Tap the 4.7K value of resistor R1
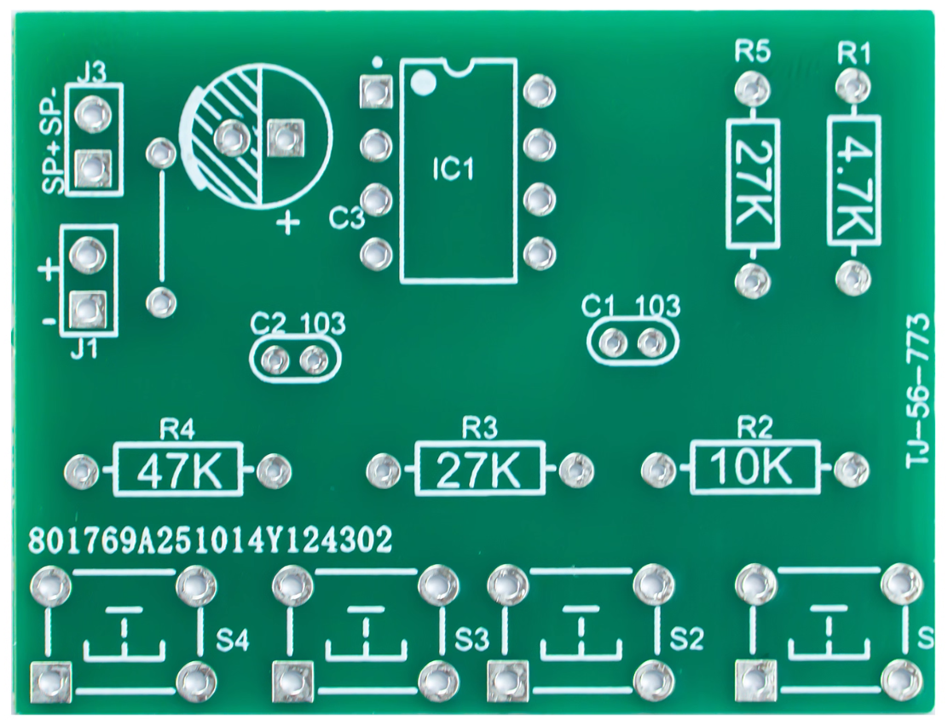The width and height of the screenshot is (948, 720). pyautogui.click(x=853, y=182)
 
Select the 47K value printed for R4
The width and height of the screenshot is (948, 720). pyautogui.click(x=177, y=469)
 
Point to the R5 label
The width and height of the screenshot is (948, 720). pyautogui.click(x=752, y=53)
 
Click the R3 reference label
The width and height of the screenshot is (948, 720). pyautogui.click(x=478, y=426)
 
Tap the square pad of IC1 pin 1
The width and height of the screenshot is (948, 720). pyautogui.click(x=375, y=91)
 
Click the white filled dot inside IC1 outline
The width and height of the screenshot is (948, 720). pyautogui.click(x=422, y=82)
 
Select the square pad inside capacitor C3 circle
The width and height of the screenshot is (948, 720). pyautogui.click(x=286, y=138)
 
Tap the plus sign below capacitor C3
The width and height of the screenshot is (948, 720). pyautogui.click(x=290, y=224)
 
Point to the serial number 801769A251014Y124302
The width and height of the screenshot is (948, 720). pyautogui.click(x=211, y=539)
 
